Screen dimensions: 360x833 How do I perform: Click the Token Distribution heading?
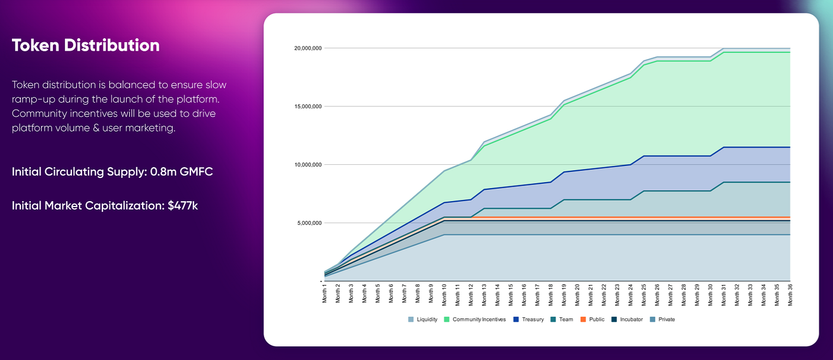pos(86,46)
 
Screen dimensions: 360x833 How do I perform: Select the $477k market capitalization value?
pos(184,206)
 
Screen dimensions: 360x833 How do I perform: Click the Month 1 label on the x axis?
pos(325,293)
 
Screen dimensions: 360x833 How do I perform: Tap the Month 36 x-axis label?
pos(790,293)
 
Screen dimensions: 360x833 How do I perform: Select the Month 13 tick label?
pos(484,293)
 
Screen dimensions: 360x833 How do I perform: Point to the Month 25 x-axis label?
pos(644,293)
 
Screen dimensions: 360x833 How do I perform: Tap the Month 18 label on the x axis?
pos(551,293)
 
